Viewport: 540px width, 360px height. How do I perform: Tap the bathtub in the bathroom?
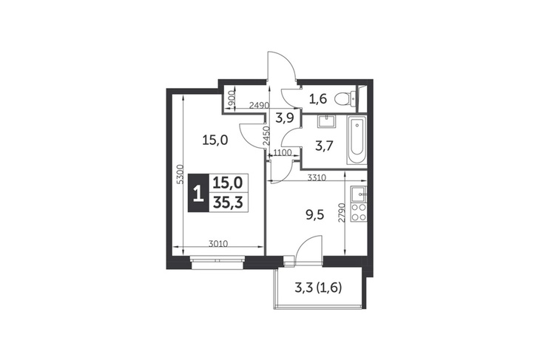[357, 141]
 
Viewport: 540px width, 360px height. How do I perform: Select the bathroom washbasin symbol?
[325, 121]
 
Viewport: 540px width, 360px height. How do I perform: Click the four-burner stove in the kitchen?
[359, 213]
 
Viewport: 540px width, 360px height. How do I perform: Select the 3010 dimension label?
[218, 244]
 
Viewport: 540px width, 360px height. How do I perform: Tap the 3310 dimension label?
[317, 177]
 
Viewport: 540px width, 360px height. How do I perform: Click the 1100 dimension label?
[283, 152]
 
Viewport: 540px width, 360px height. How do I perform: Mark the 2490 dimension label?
[259, 105]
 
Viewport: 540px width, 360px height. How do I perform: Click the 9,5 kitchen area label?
[314, 217]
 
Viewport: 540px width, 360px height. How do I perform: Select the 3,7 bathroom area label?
[324, 147]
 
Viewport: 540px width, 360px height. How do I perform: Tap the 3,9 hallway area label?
[284, 118]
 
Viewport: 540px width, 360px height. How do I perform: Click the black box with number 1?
[198, 192]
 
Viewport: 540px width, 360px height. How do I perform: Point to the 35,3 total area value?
[228, 203]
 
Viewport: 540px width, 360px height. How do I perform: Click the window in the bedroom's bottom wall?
[217, 262]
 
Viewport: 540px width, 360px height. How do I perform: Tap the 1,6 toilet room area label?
[317, 99]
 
